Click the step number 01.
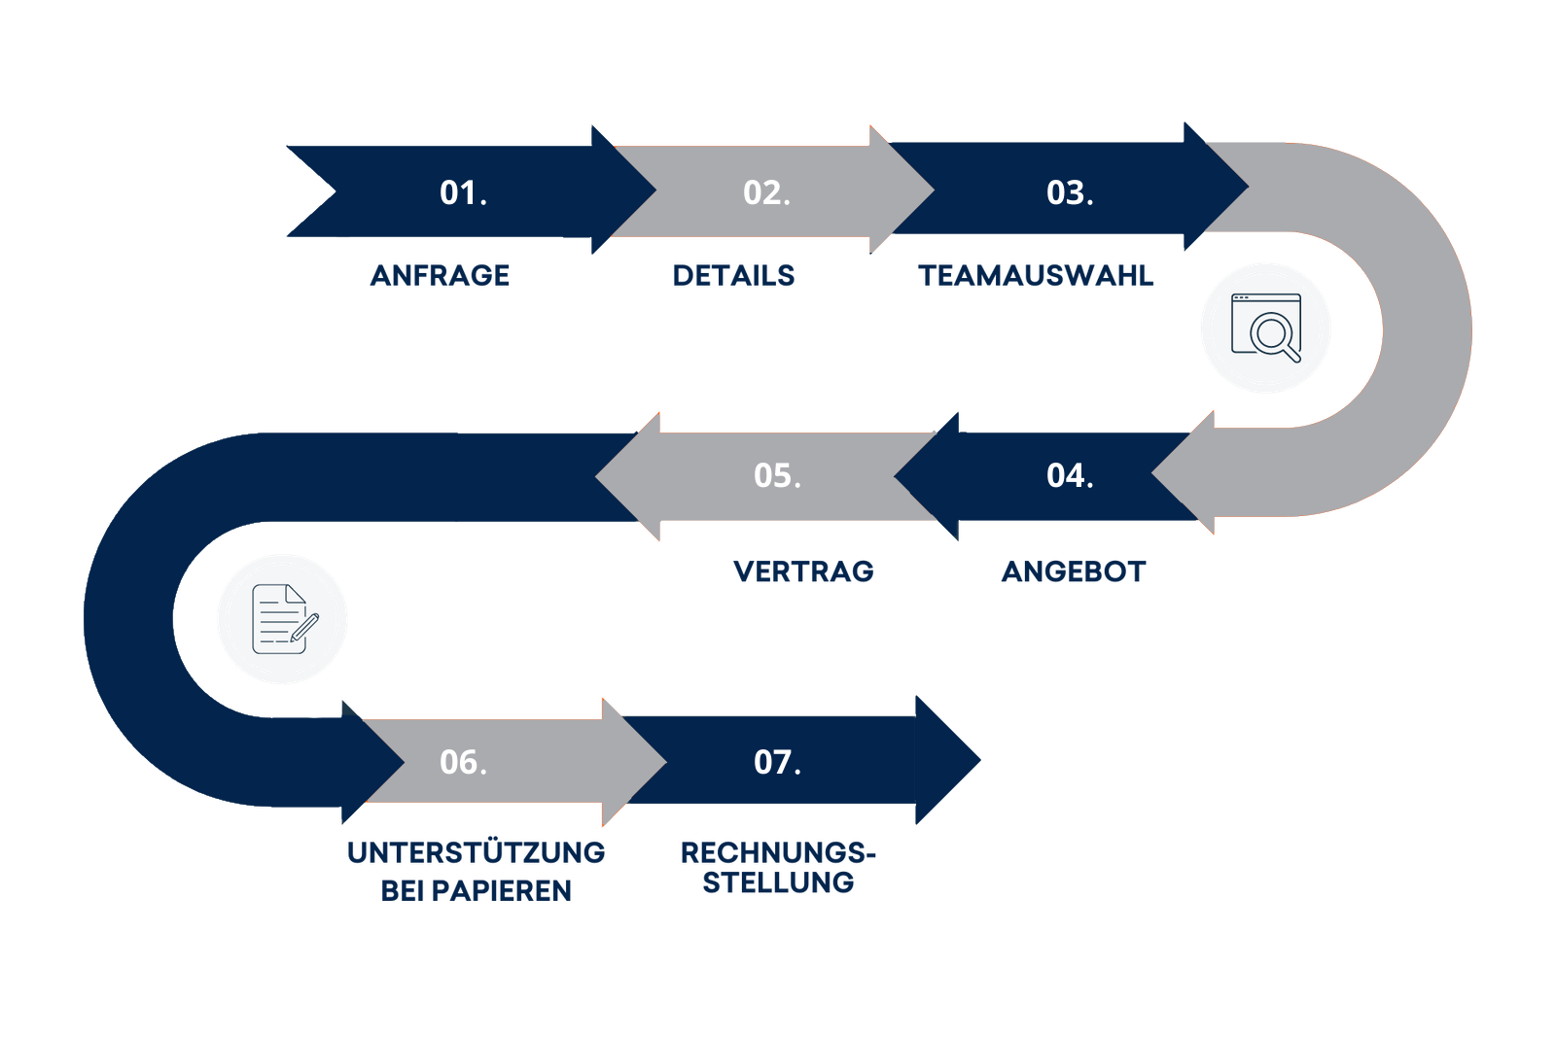(x=463, y=192)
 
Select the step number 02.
(x=766, y=192)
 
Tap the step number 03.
(x=1070, y=192)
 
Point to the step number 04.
(x=1070, y=475)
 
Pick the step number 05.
(x=777, y=475)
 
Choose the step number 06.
(x=463, y=762)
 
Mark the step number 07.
(x=777, y=762)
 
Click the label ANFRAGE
(x=440, y=275)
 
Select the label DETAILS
(x=733, y=275)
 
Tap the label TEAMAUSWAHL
(x=1036, y=275)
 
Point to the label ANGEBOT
(x=1075, y=571)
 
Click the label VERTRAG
(x=804, y=571)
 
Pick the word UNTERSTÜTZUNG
(x=476, y=852)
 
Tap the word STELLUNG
(x=778, y=882)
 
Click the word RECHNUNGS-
(x=778, y=852)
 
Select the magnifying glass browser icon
(x=1265, y=328)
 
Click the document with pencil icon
(x=283, y=619)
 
